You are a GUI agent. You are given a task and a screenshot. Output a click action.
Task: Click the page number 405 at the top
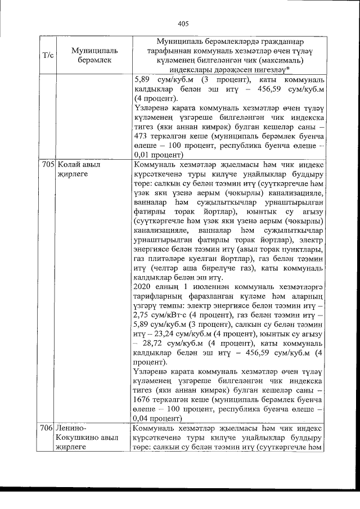[x=182, y=24]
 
